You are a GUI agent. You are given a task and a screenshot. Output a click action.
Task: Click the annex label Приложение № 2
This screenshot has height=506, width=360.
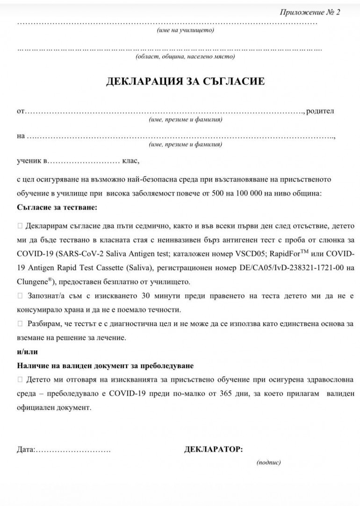[x=310, y=12]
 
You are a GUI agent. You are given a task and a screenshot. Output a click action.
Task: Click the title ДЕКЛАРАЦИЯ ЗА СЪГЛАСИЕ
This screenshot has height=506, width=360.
[x=186, y=82]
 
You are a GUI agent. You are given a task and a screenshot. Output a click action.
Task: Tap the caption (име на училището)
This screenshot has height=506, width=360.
[x=185, y=30]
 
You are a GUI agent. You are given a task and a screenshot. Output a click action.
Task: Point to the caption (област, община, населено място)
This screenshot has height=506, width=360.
[x=185, y=57]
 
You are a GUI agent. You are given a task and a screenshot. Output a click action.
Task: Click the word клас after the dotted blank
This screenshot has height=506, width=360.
[x=130, y=161]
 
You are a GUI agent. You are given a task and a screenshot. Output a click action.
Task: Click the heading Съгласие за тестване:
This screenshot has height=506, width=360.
[x=58, y=206]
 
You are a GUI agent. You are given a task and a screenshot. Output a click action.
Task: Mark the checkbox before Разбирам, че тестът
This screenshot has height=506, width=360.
[x=20, y=323]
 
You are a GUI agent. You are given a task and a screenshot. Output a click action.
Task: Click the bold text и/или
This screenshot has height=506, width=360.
[x=27, y=351]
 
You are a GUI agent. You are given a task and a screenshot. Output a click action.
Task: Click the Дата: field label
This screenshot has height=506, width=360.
[x=26, y=449]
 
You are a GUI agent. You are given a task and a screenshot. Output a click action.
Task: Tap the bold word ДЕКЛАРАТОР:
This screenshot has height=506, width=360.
[x=214, y=449]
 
